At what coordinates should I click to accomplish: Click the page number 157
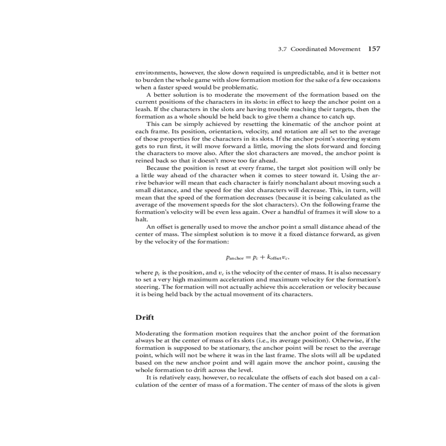374,49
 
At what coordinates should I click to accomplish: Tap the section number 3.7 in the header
283,49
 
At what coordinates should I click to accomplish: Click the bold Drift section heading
145,317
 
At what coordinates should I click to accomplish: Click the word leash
142,109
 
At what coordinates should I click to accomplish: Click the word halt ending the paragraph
140,219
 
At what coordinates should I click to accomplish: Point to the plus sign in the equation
262,257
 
